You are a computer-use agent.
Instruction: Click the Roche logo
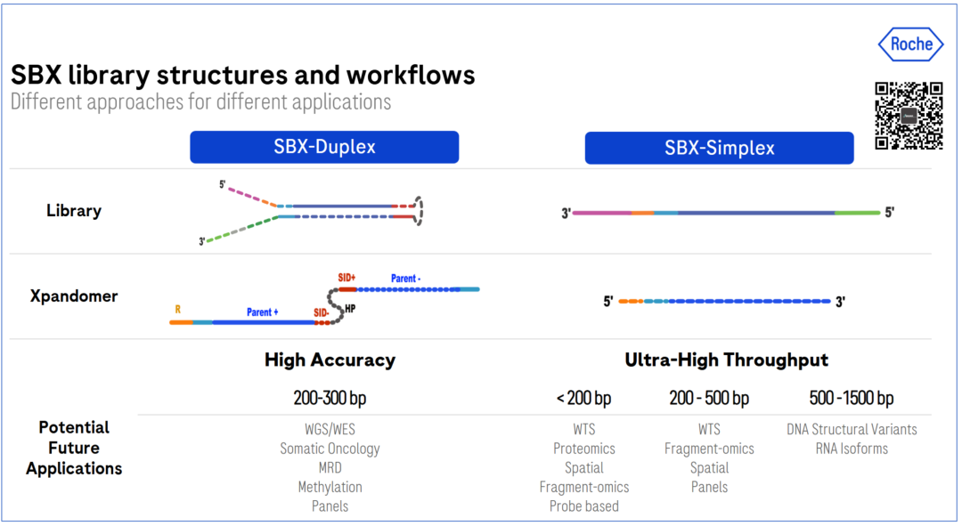click(910, 45)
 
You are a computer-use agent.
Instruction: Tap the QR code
click(909, 116)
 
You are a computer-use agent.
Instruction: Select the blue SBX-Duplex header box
click(324, 147)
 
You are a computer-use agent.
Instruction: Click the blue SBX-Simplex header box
click(719, 148)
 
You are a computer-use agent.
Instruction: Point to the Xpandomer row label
click(74, 296)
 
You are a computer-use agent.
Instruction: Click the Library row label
click(74, 211)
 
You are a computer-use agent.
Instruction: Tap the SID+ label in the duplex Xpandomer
click(346, 278)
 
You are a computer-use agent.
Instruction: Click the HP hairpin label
click(350, 308)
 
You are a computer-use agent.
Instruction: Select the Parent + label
click(263, 312)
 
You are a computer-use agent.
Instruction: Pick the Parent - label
click(405, 279)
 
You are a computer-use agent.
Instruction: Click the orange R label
click(178, 310)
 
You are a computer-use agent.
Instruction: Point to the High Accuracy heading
click(330, 360)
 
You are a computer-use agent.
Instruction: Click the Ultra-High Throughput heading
click(727, 360)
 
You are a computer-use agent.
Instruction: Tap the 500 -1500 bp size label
click(851, 399)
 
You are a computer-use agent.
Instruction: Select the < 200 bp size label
click(583, 399)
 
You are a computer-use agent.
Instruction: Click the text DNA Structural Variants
click(852, 429)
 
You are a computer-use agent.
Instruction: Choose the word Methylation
click(330, 488)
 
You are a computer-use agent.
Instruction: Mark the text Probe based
click(584, 506)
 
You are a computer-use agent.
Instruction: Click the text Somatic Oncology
click(330, 449)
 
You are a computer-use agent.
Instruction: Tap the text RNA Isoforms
click(852, 449)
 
